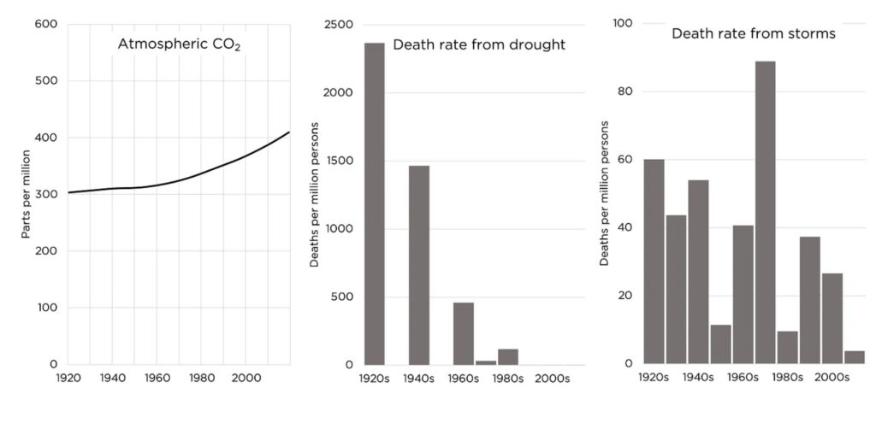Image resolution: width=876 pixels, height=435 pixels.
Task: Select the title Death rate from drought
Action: point(478,44)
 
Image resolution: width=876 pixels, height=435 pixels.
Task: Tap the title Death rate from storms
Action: point(753,33)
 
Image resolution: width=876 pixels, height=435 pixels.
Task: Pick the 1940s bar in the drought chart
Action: point(418,265)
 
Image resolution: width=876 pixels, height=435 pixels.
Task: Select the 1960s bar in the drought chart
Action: point(463,333)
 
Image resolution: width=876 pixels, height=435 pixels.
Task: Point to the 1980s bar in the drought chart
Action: point(507,356)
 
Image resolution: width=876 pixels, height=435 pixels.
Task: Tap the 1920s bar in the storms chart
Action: point(654,261)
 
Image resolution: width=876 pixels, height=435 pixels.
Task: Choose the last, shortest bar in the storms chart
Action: point(854,356)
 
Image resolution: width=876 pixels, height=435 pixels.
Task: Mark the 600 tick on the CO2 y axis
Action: point(45,24)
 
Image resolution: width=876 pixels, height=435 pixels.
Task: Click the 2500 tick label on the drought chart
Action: point(338,24)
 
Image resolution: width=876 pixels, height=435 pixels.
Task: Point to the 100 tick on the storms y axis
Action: point(623,24)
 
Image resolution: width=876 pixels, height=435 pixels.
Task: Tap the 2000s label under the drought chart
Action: point(552,378)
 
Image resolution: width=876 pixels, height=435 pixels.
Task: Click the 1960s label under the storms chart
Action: point(743,377)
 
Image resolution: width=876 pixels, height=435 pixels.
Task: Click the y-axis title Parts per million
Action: point(27,193)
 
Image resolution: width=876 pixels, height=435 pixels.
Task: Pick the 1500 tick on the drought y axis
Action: point(338,161)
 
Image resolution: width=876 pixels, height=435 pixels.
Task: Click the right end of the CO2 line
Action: point(289,132)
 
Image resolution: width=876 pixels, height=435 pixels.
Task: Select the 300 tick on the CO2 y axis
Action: point(45,194)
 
